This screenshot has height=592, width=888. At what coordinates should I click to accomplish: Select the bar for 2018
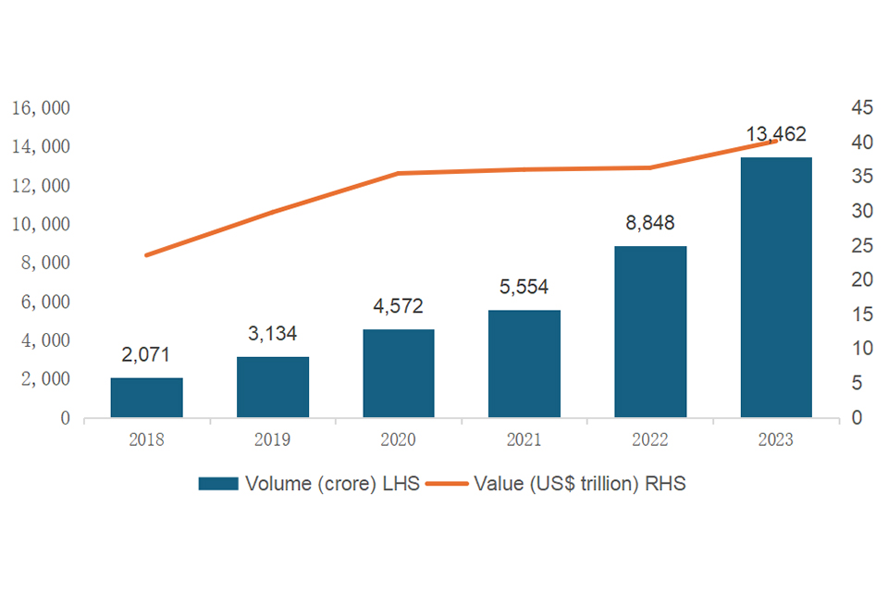coord(146,398)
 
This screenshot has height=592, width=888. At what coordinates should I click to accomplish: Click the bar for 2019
coord(273,387)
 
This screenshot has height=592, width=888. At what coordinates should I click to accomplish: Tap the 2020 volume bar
coord(399,373)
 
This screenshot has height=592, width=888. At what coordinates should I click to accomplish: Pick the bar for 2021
coord(524,364)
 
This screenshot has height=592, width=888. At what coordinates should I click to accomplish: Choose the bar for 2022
coord(650,331)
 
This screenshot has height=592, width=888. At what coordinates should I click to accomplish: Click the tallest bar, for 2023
coord(776,287)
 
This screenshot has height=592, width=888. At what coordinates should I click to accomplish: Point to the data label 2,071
coord(146,354)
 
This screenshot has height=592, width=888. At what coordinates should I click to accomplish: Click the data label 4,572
coord(399,306)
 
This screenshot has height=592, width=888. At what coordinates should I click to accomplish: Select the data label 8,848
coord(650,223)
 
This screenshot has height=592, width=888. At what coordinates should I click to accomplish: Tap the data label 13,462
coord(776,135)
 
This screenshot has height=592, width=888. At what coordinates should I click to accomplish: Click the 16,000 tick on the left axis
coord(41,108)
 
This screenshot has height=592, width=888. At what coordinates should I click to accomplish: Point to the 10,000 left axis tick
coord(41,225)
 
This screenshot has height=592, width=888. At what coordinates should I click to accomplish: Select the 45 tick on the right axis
coord(861,108)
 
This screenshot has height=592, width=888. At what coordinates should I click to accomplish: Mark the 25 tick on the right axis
coord(861,246)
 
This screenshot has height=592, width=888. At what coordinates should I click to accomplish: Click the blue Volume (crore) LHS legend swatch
coord(217,484)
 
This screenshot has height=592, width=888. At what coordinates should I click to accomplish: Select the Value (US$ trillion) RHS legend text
coord(579,484)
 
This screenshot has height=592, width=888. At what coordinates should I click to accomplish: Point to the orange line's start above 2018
coord(146,254)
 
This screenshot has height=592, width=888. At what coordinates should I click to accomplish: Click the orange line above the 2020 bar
coord(399,173)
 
